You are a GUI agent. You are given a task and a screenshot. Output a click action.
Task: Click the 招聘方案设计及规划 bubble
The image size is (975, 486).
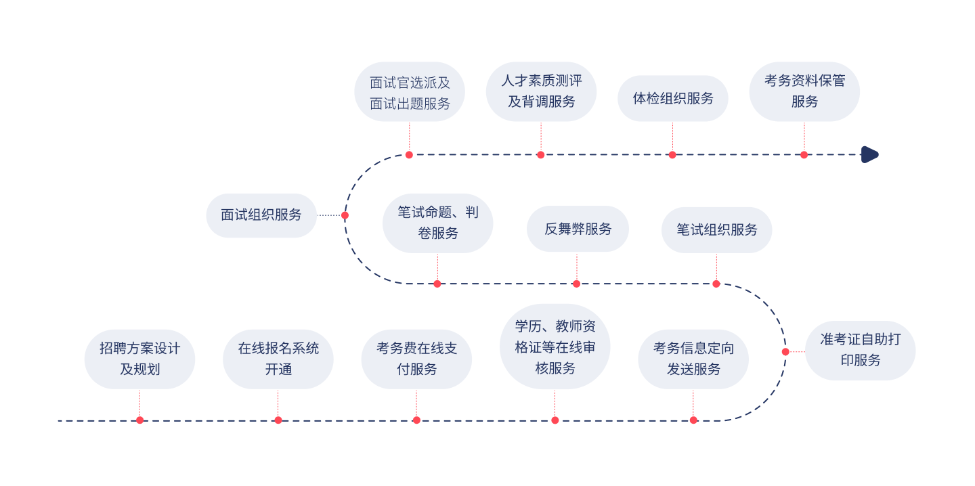pyautogui.click(x=139, y=359)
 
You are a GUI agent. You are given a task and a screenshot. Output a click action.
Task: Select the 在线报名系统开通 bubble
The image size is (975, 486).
pyautogui.click(x=278, y=359)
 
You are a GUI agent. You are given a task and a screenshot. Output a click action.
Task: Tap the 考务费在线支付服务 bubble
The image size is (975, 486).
pyautogui.click(x=416, y=359)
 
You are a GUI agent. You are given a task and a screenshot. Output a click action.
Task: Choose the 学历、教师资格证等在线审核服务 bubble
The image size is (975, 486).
pyautogui.click(x=555, y=347)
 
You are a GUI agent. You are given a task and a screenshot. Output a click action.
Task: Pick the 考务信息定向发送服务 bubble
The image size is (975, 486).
pyautogui.click(x=693, y=359)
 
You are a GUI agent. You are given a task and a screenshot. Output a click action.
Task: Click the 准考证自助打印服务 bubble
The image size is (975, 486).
pyautogui.click(x=861, y=350)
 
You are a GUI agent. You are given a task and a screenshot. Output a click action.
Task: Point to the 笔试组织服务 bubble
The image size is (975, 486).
pyautogui.click(x=717, y=229)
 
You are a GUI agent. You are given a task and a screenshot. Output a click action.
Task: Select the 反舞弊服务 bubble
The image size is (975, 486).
pyautogui.click(x=578, y=229)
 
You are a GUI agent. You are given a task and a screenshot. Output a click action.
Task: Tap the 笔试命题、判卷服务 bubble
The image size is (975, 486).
pyautogui.click(x=438, y=223)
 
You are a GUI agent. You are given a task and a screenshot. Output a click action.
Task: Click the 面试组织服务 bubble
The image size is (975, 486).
pyautogui.click(x=261, y=215)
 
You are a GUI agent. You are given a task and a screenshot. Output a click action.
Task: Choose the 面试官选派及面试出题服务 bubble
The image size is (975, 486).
pyautogui.click(x=410, y=91)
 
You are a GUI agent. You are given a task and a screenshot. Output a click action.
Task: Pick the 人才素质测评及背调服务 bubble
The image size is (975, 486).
pyautogui.click(x=541, y=91)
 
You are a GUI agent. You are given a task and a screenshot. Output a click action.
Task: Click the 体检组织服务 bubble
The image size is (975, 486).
pyautogui.click(x=673, y=98)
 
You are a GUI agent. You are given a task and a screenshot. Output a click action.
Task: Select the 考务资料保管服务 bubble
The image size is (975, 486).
pyautogui.click(x=804, y=91)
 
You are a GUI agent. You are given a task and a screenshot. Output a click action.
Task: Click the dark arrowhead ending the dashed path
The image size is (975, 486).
pyautogui.click(x=869, y=154)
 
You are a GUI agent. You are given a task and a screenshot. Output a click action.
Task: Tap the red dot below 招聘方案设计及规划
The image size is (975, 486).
pyautogui.click(x=139, y=420)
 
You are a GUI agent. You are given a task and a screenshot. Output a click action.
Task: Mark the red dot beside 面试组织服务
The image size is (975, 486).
pyautogui.click(x=345, y=215)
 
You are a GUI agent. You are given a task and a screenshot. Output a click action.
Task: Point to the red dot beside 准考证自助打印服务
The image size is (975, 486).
pyautogui.click(x=785, y=351)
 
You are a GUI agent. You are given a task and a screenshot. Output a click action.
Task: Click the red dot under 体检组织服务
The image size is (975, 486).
pyautogui.click(x=672, y=155)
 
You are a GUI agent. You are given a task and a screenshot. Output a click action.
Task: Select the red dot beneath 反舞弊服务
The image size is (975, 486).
pyautogui.click(x=577, y=284)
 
